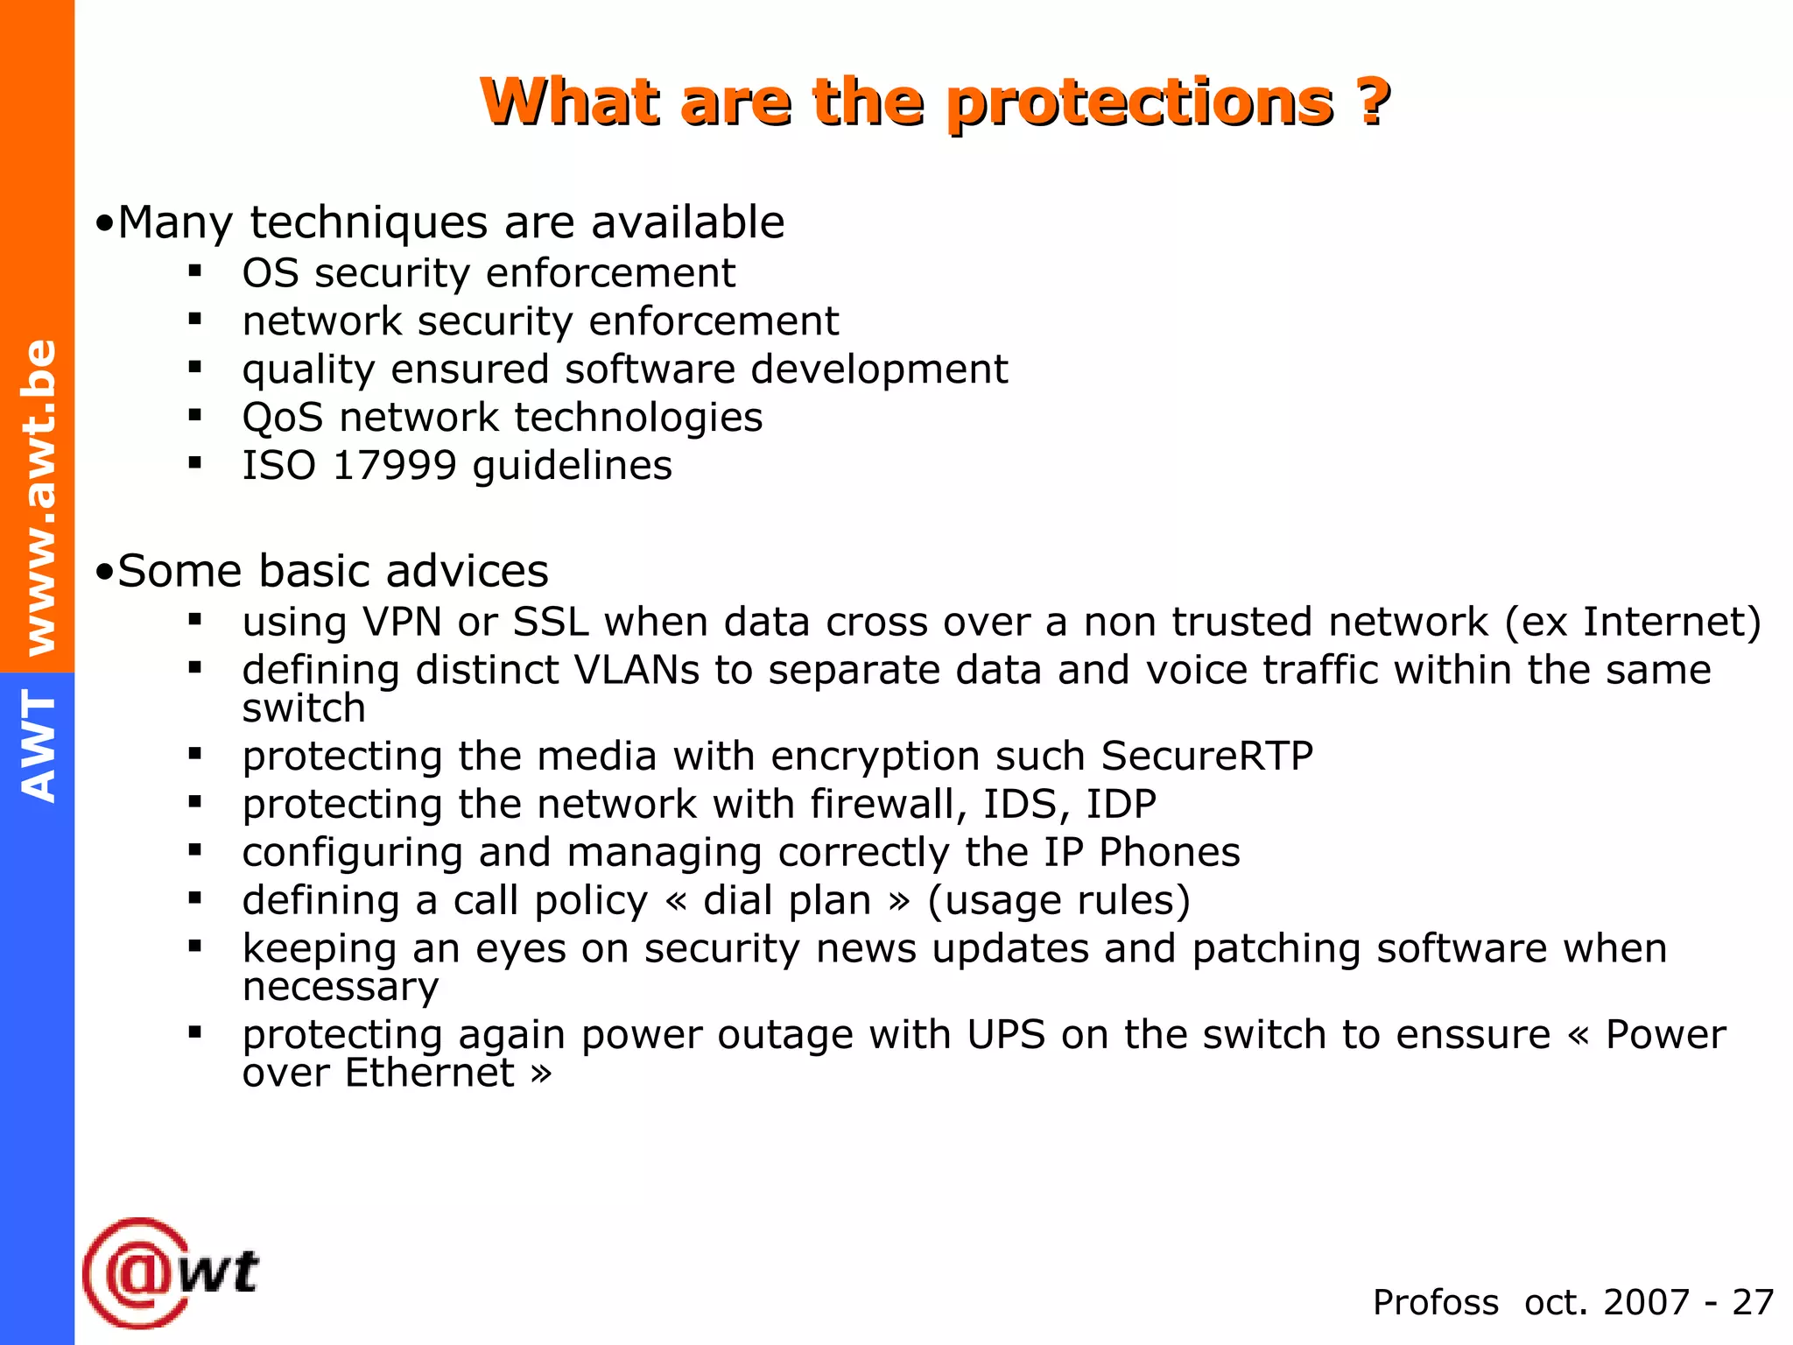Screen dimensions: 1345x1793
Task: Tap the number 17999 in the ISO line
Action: click(395, 465)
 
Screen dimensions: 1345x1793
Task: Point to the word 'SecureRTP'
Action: click(1207, 756)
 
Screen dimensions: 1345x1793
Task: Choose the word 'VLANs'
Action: click(636, 671)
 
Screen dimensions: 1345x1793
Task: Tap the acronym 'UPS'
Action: click(1006, 1035)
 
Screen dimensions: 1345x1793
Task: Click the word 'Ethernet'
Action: click(430, 1074)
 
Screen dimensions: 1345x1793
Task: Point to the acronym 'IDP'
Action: click(1121, 804)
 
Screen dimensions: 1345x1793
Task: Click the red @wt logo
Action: click(171, 1272)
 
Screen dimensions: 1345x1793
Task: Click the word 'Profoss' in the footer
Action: click(1435, 1303)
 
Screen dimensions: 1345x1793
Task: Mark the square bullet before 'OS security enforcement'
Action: click(194, 271)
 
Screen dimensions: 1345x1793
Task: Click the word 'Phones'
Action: click(1169, 852)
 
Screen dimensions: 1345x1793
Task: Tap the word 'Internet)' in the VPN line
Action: click(1671, 622)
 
